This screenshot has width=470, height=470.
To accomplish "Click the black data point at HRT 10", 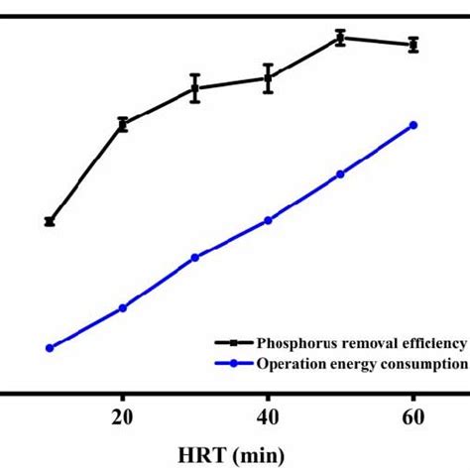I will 50,222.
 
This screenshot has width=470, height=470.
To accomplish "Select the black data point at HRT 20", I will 123,124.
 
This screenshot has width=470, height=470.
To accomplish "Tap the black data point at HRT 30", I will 195,88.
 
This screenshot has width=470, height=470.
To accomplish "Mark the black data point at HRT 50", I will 340,38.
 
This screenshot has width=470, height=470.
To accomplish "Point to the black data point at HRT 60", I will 413,44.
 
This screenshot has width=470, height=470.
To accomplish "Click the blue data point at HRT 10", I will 50,348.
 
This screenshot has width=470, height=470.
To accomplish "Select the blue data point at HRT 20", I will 123,307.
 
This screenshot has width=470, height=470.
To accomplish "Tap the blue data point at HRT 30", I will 195,258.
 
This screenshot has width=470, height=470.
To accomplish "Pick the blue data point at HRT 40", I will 268,220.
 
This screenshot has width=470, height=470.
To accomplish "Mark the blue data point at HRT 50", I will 340,174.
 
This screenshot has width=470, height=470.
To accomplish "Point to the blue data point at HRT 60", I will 413,125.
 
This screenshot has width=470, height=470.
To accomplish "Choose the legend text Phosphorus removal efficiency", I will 361,342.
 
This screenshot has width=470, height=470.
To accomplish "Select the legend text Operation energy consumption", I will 361,363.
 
